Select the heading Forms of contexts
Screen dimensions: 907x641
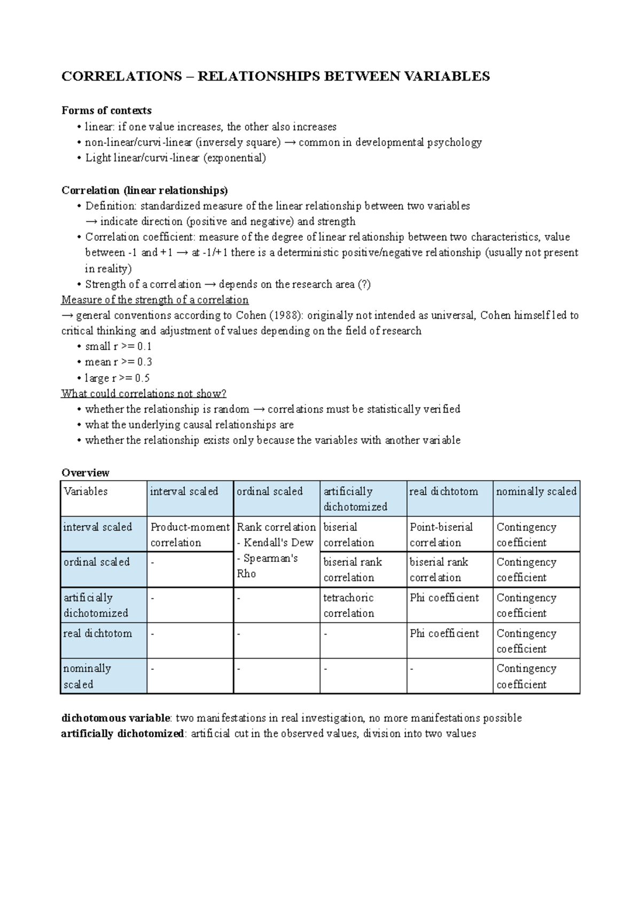click(106, 111)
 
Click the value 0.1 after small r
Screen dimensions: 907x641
click(144, 346)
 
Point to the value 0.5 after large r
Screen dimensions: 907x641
click(142, 378)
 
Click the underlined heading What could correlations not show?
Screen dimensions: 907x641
click(144, 394)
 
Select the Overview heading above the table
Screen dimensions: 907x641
click(85, 473)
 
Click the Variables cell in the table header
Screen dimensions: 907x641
click(85, 491)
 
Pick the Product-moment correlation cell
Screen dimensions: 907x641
click(190, 534)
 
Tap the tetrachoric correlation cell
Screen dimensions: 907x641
click(348, 605)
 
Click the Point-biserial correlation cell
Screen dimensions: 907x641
click(441, 534)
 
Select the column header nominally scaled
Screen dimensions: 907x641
click(536, 491)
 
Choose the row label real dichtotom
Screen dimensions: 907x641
click(97, 634)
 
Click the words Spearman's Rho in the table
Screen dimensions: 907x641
click(267, 566)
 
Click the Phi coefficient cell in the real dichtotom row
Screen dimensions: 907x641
click(444, 634)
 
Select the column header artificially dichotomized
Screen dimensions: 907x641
click(355, 499)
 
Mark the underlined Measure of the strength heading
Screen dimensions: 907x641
click(155, 300)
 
